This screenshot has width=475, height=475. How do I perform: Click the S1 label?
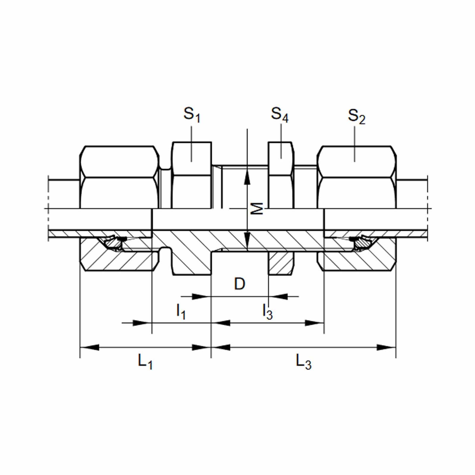(x=192, y=115)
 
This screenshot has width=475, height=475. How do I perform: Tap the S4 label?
(x=279, y=115)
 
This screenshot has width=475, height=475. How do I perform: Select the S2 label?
(x=357, y=116)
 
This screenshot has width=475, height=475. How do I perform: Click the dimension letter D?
(x=240, y=284)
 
